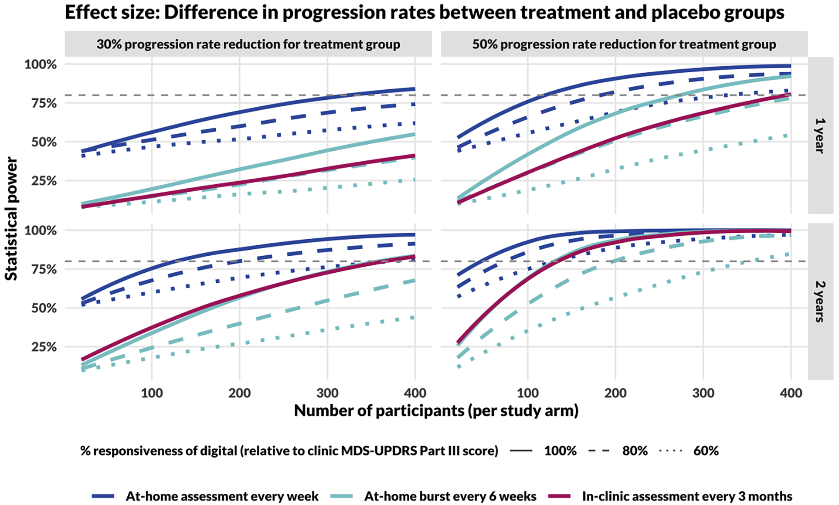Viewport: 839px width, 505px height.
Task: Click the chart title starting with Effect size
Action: point(425,13)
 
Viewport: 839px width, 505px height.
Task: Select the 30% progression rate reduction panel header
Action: point(248,44)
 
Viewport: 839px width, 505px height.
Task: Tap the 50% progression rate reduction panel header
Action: point(624,44)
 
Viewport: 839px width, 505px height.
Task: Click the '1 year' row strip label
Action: point(820,136)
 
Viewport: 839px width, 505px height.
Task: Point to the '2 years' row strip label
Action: point(820,302)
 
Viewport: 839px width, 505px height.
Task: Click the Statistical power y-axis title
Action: point(11,219)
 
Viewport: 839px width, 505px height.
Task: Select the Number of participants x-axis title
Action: point(436,411)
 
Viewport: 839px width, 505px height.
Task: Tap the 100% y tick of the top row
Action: point(41,64)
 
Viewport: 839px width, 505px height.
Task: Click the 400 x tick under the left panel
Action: point(415,393)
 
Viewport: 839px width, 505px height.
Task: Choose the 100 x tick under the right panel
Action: point(527,393)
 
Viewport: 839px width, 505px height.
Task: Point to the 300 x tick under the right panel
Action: point(703,393)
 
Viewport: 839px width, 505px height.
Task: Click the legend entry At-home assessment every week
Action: point(222,496)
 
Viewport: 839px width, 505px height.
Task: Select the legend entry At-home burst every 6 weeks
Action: point(450,496)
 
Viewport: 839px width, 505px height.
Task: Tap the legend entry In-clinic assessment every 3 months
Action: point(687,496)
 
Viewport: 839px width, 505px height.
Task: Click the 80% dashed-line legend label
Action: point(635,451)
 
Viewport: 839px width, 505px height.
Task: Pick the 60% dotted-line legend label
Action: point(706,451)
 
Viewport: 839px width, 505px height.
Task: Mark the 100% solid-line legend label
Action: point(560,451)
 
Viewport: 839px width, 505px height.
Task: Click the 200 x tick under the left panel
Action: point(239,393)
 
